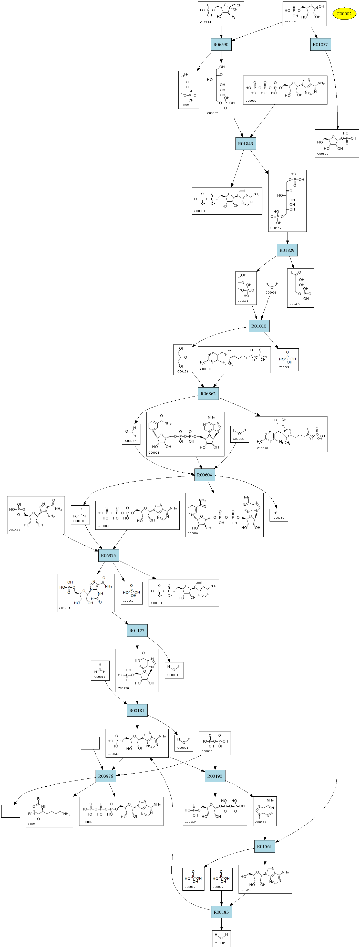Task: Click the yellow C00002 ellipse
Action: click(x=344, y=14)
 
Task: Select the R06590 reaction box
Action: click(x=221, y=45)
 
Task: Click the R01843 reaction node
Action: click(x=245, y=143)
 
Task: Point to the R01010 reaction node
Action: click(x=259, y=326)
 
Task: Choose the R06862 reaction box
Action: click(x=208, y=394)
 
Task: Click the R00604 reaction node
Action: click(x=205, y=475)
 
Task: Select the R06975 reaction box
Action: click(x=109, y=556)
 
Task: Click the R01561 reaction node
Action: click(x=264, y=846)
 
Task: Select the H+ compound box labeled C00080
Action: click(x=279, y=515)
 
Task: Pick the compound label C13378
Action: click(x=262, y=448)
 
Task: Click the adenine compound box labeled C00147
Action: click(x=265, y=811)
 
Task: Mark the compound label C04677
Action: click(x=15, y=530)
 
